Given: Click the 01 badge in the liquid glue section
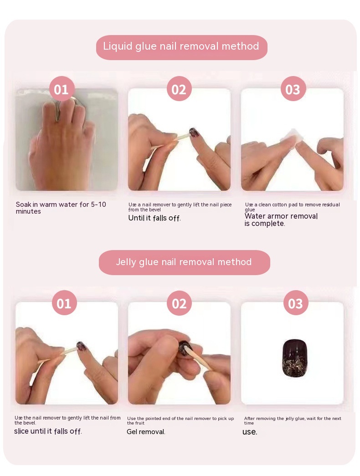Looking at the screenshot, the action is (62, 89).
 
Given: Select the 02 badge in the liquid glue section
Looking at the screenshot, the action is (179, 89).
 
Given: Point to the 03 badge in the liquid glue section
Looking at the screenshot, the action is (293, 89).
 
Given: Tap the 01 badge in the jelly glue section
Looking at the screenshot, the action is (64, 303).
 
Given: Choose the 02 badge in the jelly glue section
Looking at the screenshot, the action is (179, 303).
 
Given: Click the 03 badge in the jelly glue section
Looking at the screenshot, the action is (296, 303).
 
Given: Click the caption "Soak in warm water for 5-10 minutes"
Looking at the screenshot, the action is (61, 208).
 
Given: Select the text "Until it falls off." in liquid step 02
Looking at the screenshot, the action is (154, 218).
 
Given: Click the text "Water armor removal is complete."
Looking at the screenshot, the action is (281, 220).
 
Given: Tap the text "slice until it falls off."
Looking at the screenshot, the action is (48, 431).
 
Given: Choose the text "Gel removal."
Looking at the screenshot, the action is (146, 432).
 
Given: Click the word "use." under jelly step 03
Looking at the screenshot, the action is (250, 432).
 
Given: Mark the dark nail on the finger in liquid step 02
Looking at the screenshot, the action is (195, 133).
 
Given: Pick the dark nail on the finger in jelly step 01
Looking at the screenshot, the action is (82, 346).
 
